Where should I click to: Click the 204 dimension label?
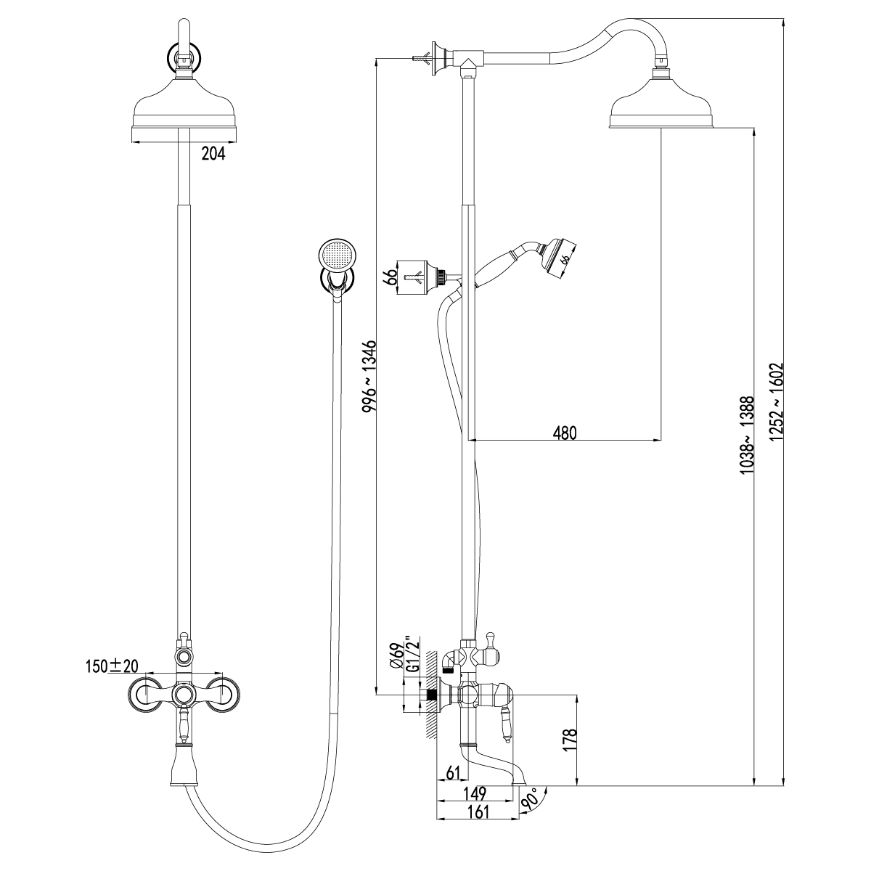tap(213, 154)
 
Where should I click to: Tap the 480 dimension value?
tap(564, 433)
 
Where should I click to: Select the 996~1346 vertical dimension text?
tap(369, 376)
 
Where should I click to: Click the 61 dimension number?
tap(454, 772)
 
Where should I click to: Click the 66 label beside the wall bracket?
tap(390, 277)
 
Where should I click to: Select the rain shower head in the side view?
tap(661, 109)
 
